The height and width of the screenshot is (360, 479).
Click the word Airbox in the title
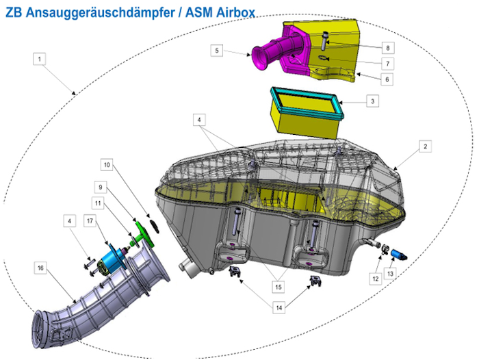coord(235,13)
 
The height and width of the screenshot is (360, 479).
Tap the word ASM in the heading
coord(198,13)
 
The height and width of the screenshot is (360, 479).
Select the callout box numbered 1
coord(39,59)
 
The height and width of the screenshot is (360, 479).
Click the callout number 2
coord(425,146)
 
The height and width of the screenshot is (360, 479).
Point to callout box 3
coord(372,101)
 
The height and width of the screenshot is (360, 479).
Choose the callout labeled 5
coord(217,51)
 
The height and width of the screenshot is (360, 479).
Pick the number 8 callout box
coord(388,48)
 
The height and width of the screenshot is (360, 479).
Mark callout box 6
coord(387,79)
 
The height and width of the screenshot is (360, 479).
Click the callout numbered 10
coord(107,165)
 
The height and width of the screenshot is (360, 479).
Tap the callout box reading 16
coord(40,268)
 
